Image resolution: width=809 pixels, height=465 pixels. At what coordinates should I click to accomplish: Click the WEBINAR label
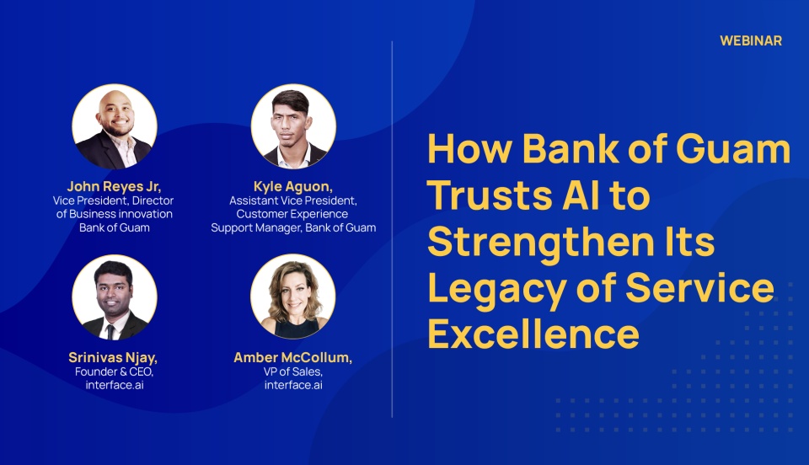coord(751,40)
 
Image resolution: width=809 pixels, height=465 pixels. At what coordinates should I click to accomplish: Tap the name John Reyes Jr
coord(114,186)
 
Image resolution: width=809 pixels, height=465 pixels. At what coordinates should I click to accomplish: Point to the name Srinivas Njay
coord(113,357)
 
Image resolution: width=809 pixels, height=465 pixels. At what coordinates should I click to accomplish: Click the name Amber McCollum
coord(293,357)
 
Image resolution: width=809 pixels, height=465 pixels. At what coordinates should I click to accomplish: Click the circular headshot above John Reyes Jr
coord(115,127)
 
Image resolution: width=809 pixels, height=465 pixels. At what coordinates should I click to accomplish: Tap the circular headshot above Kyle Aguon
coord(293,127)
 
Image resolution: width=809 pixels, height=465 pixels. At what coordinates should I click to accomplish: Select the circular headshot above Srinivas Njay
coord(115,297)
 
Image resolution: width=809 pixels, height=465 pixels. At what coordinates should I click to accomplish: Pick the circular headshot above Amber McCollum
coord(293,297)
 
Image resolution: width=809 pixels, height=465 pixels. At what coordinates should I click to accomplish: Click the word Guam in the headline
coord(733,148)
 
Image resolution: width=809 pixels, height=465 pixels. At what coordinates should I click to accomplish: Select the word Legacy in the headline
coord(497,290)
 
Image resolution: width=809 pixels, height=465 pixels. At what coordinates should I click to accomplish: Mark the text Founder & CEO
coord(114,371)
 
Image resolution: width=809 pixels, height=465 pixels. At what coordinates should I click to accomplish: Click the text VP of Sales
coord(293,371)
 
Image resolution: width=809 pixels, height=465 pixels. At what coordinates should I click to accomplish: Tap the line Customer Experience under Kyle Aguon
coord(292,214)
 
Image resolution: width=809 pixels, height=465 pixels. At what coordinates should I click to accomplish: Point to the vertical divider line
coord(392,229)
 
